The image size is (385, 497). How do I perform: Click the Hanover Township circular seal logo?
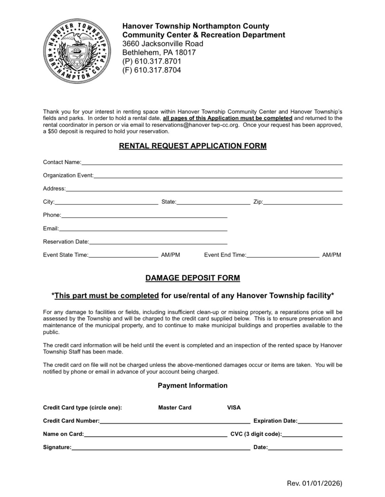click(77, 51)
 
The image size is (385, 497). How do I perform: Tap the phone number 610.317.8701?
click(158, 61)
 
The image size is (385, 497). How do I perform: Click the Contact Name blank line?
click(212, 162)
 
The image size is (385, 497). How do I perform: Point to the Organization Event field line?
click(218, 175)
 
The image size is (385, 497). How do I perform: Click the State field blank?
click(213, 202)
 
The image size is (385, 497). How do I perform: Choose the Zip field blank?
click(303, 202)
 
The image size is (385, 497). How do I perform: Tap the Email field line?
click(143, 229)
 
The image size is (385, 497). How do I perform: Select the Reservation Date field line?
click(158, 242)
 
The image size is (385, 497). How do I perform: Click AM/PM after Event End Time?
click(331, 255)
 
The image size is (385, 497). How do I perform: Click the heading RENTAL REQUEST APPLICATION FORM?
click(192, 146)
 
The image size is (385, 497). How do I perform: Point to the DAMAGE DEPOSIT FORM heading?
click(192, 278)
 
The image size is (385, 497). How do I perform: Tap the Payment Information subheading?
click(192, 386)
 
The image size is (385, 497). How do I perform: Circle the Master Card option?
click(175, 408)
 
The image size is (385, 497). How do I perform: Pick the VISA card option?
click(234, 408)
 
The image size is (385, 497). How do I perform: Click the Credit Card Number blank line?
click(175, 421)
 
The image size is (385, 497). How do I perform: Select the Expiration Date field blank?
click(320, 421)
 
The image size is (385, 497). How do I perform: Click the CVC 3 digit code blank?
click(312, 434)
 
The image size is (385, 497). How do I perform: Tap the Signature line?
click(161, 447)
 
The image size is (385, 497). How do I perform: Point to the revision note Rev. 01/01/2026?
click(315, 483)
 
